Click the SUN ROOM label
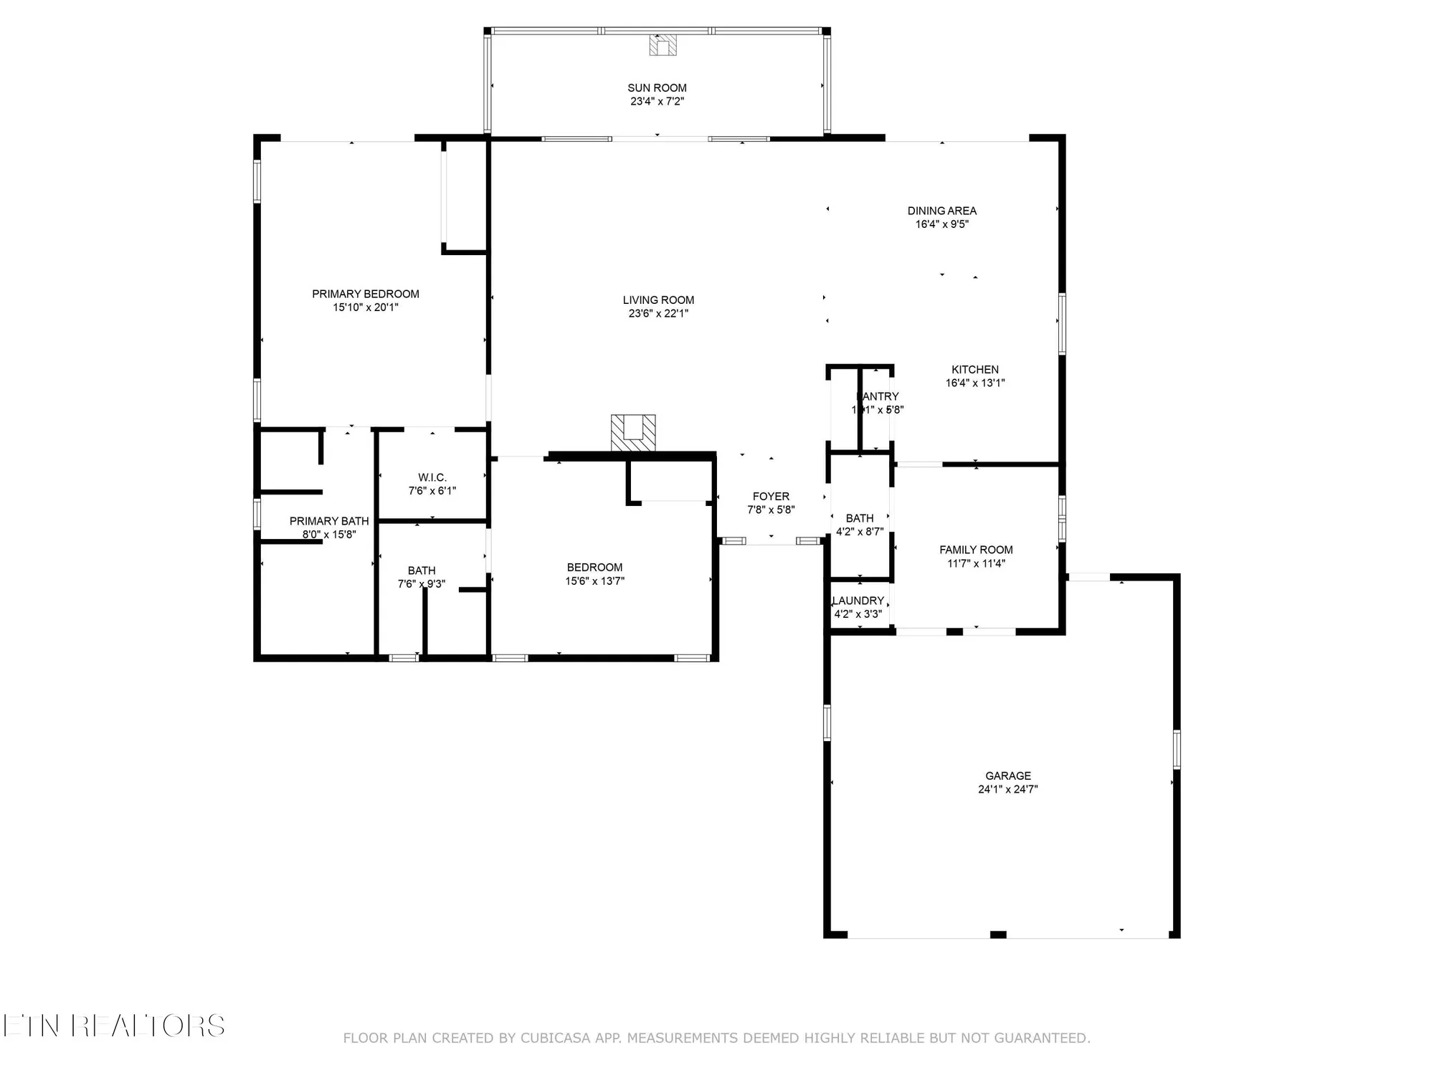(657, 88)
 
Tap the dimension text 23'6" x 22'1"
(658, 313)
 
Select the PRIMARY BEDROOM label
(365, 294)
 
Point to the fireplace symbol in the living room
(633, 433)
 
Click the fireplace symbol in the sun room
(663, 46)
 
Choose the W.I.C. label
(432, 477)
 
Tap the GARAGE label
(1007, 775)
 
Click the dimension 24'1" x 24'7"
(1007, 789)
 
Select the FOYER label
(771, 496)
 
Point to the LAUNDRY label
(858, 601)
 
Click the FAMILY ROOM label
(976, 550)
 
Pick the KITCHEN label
(974, 369)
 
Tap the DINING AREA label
(941, 211)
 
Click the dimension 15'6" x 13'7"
(594, 580)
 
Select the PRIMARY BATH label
(329, 521)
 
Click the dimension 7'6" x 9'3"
(422, 584)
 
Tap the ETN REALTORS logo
(113, 1026)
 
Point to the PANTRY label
(878, 396)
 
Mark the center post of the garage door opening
(997, 935)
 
